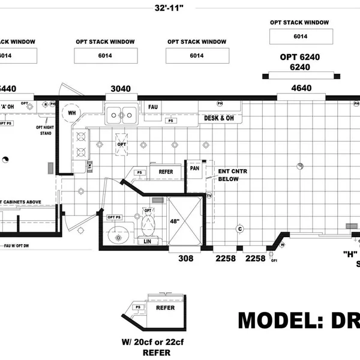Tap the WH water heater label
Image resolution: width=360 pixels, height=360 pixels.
[x=71, y=113]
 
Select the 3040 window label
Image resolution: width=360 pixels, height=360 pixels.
[x=120, y=89]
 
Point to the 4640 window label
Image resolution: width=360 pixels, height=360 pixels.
[x=301, y=89]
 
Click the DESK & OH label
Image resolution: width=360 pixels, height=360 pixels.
[x=219, y=118]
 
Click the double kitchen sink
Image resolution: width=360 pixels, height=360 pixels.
[x=121, y=112]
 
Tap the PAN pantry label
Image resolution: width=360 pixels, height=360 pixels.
[x=195, y=169]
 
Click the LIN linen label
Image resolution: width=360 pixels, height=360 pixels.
[x=148, y=241]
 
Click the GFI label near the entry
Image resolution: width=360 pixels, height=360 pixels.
[x=274, y=261]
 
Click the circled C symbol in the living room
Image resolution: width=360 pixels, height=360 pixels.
[x=240, y=229]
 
